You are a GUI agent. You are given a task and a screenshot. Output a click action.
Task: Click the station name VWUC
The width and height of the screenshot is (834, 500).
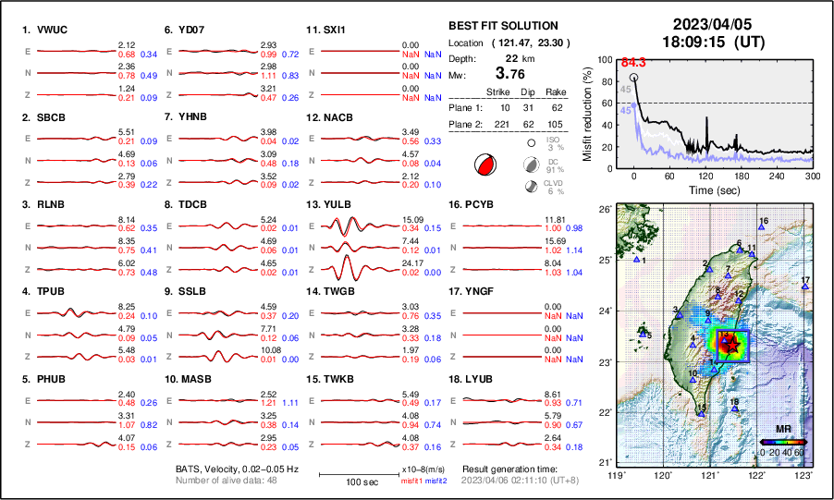click(x=53, y=29)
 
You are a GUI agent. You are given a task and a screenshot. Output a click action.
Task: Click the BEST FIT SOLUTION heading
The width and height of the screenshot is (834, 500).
click(x=503, y=26)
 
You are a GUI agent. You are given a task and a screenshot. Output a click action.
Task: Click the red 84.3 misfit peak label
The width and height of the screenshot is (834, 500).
click(x=632, y=62)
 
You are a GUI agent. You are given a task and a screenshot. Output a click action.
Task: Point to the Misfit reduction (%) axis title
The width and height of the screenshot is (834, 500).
click(x=587, y=114)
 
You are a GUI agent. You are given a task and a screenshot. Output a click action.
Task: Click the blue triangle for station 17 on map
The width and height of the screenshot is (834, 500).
click(x=805, y=287)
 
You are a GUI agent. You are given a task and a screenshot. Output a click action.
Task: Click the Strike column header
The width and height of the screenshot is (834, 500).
click(x=497, y=92)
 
